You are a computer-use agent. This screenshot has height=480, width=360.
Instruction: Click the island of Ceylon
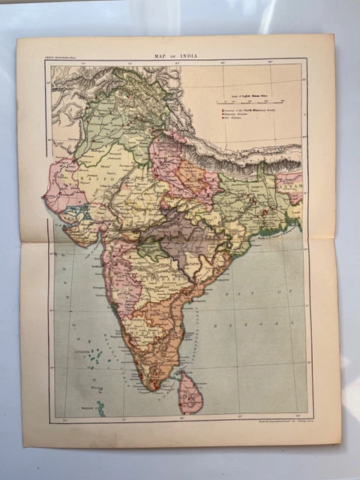point(190,391)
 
